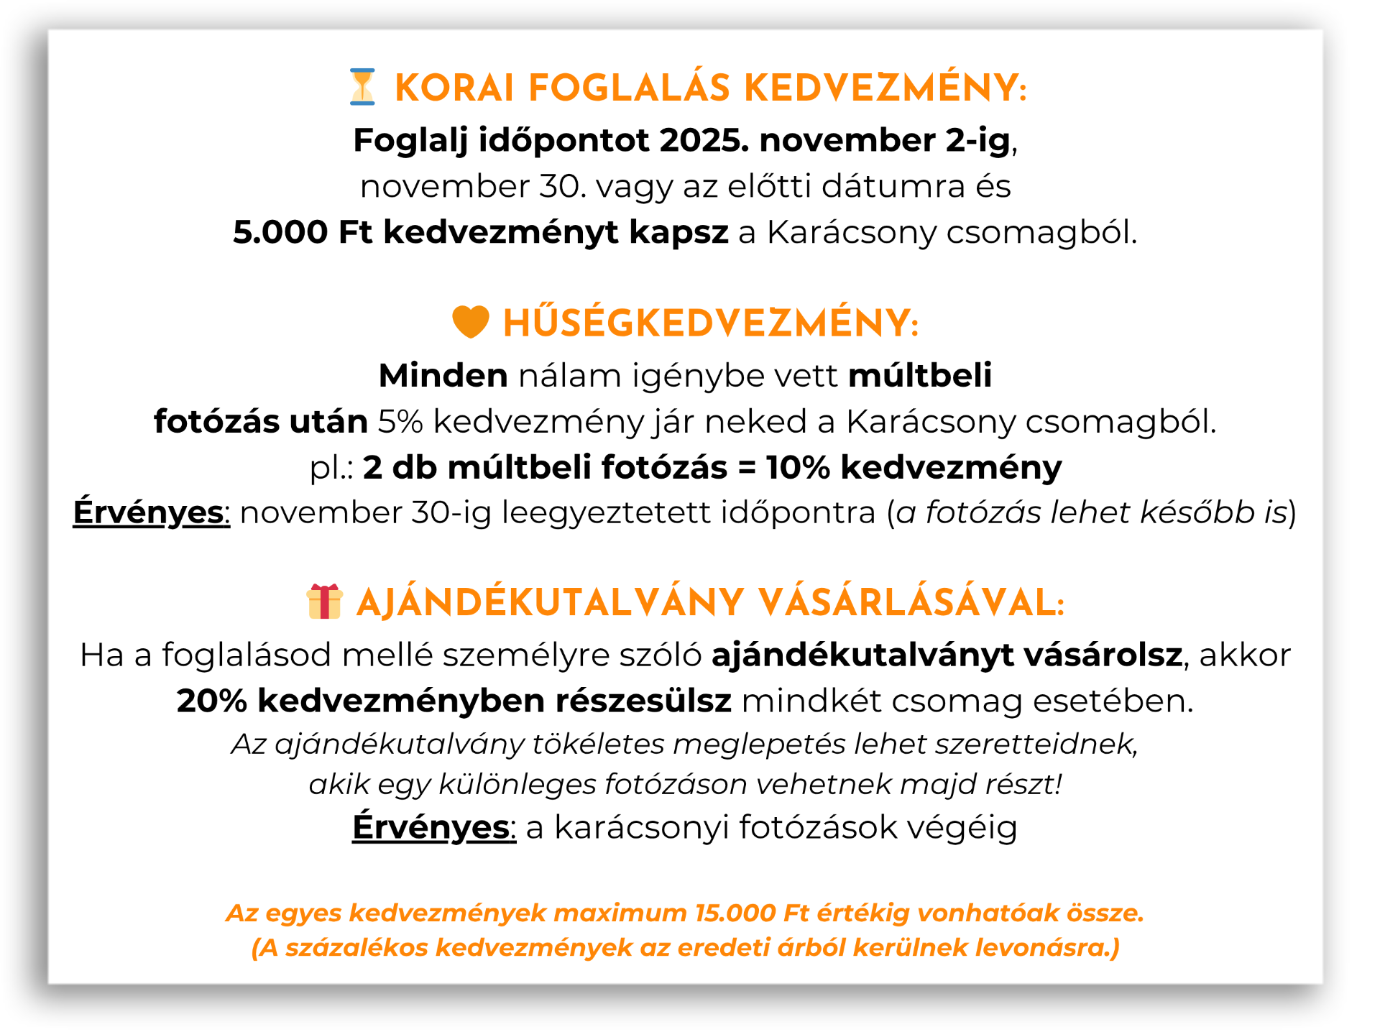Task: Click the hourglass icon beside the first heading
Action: click(362, 87)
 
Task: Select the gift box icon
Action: click(324, 602)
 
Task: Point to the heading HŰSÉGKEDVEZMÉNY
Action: click(710, 323)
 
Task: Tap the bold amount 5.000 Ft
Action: click(303, 232)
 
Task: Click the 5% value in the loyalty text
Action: click(400, 421)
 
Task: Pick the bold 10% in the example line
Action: click(798, 467)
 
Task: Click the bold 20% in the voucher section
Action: click(212, 701)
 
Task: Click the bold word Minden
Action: click(443, 375)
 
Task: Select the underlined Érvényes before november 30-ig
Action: click(150, 512)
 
